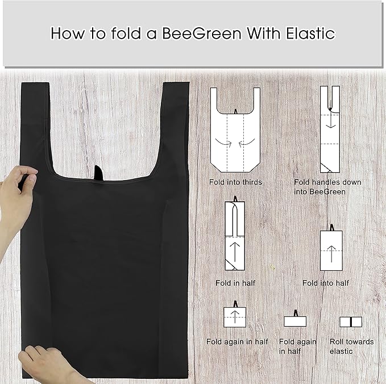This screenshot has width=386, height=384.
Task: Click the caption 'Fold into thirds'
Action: click(x=234, y=182)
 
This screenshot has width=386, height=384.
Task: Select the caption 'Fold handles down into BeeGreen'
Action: click(x=327, y=187)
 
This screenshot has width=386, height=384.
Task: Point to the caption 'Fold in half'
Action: click(x=234, y=283)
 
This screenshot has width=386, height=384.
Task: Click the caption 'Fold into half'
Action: click(x=325, y=283)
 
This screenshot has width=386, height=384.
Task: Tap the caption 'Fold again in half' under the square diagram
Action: click(x=237, y=341)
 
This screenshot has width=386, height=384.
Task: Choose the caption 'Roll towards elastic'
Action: click(x=351, y=346)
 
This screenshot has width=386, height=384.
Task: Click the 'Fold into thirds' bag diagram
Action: click(x=234, y=130)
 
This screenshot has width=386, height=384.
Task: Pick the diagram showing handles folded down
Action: click(x=330, y=130)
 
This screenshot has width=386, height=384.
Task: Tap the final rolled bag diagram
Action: click(x=351, y=322)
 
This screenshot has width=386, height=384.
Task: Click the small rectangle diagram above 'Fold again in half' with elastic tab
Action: click(x=295, y=320)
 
